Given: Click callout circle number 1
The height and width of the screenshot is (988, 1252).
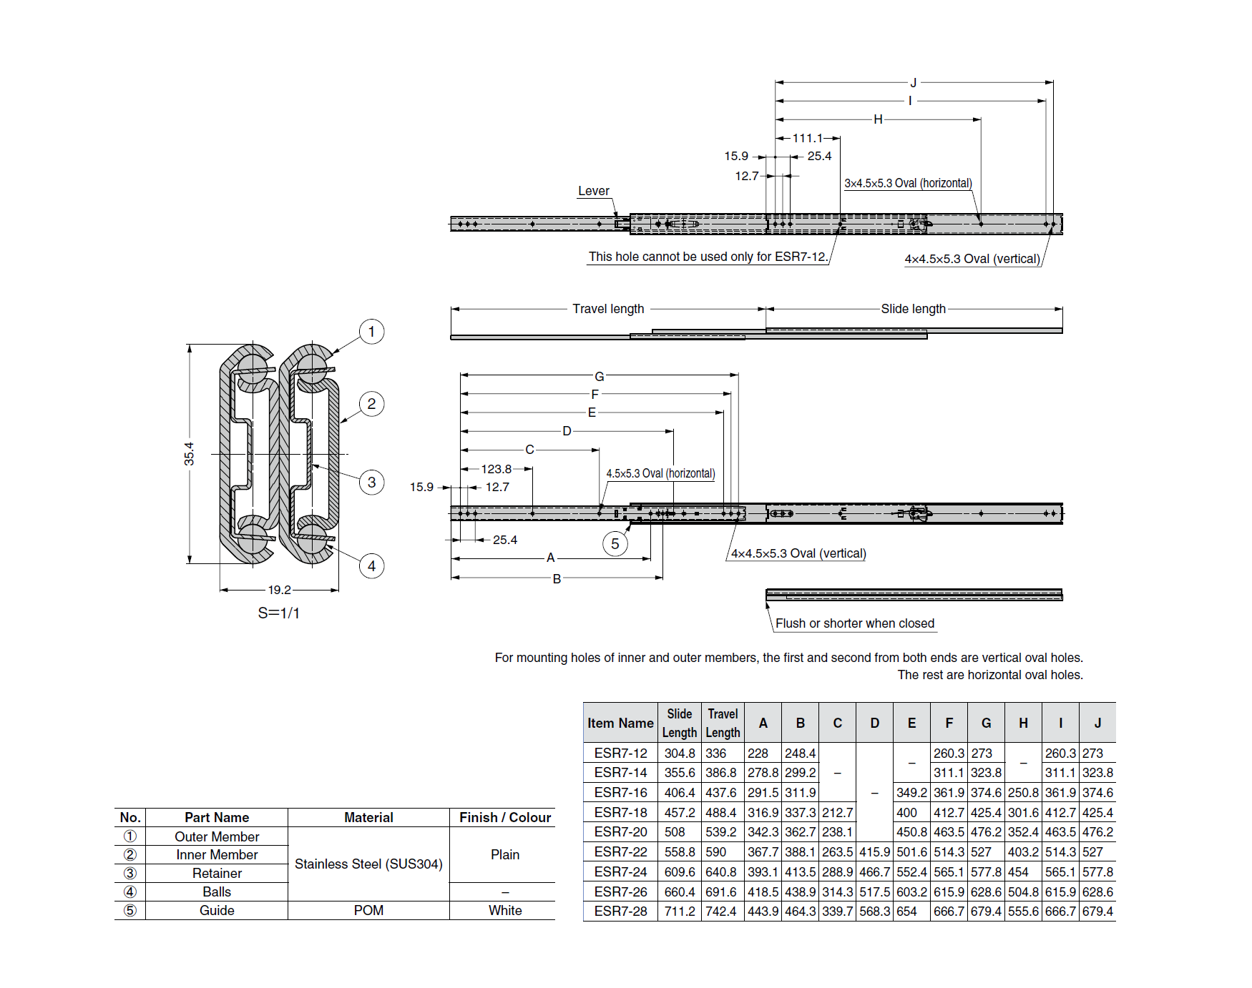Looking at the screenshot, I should tap(371, 332).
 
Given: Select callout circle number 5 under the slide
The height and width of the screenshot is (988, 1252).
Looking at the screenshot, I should tap(615, 544).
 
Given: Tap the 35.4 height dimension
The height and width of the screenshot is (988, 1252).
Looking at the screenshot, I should tap(189, 454).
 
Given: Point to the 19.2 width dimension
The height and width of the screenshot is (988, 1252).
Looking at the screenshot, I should tap(279, 590).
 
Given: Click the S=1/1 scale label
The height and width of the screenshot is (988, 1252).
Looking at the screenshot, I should tap(278, 613).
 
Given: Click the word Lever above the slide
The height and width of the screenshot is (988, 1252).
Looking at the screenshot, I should tap(593, 191).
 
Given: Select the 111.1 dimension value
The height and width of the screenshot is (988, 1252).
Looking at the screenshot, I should tap(807, 138).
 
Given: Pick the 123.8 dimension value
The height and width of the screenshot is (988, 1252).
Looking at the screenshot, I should tap(496, 469).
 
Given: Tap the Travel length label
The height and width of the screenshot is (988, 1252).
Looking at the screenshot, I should tap(608, 309).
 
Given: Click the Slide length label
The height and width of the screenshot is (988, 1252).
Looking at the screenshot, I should tap(913, 309).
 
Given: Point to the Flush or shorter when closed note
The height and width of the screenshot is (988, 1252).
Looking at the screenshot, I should tap(854, 623).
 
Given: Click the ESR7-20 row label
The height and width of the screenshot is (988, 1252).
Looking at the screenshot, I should tap(620, 832).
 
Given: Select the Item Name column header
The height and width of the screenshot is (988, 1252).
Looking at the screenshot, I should tap(620, 723).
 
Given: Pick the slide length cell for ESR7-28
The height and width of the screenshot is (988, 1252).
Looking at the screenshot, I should tap(679, 912).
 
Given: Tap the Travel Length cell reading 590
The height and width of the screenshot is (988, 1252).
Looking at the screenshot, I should tap(716, 852).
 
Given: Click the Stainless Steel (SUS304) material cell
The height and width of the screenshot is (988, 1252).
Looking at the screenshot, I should tap(368, 864).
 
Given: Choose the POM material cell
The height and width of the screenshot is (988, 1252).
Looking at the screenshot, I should tap(368, 910).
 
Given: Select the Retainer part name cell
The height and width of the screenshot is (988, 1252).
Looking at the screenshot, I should tap(217, 873).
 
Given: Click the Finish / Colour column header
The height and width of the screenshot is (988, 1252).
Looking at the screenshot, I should tap(504, 817).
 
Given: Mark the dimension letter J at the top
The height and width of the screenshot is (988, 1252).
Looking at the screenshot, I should tap(913, 83).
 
